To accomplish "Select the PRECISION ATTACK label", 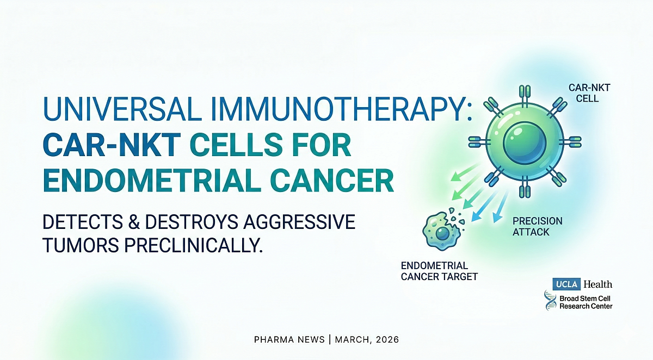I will point(538,226).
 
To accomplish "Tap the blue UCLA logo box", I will point(566,284).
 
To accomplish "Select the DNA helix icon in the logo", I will point(550,301).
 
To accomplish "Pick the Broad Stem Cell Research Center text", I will point(585,302).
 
